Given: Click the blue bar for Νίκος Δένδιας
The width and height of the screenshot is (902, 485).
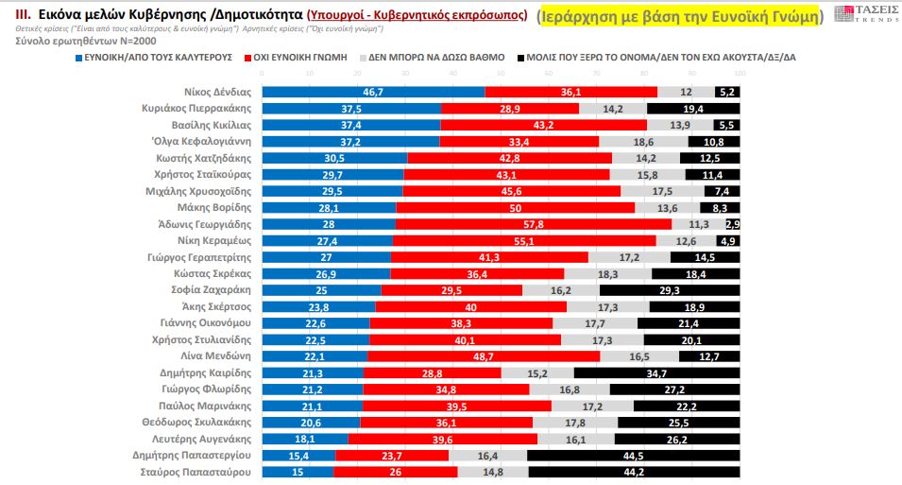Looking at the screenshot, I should [372, 92].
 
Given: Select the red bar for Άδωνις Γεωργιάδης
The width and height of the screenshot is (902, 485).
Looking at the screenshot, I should [534, 223].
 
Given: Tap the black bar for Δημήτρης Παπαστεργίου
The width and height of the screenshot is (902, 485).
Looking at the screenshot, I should [633, 455].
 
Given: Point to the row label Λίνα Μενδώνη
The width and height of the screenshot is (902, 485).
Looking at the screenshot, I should [216, 355].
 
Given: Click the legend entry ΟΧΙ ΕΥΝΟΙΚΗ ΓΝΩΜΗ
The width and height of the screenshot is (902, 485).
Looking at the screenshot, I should [294, 58].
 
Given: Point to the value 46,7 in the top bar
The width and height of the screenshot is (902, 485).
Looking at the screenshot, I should [372, 92].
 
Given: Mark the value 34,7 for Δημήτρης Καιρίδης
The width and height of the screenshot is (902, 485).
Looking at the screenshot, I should [656, 372].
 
